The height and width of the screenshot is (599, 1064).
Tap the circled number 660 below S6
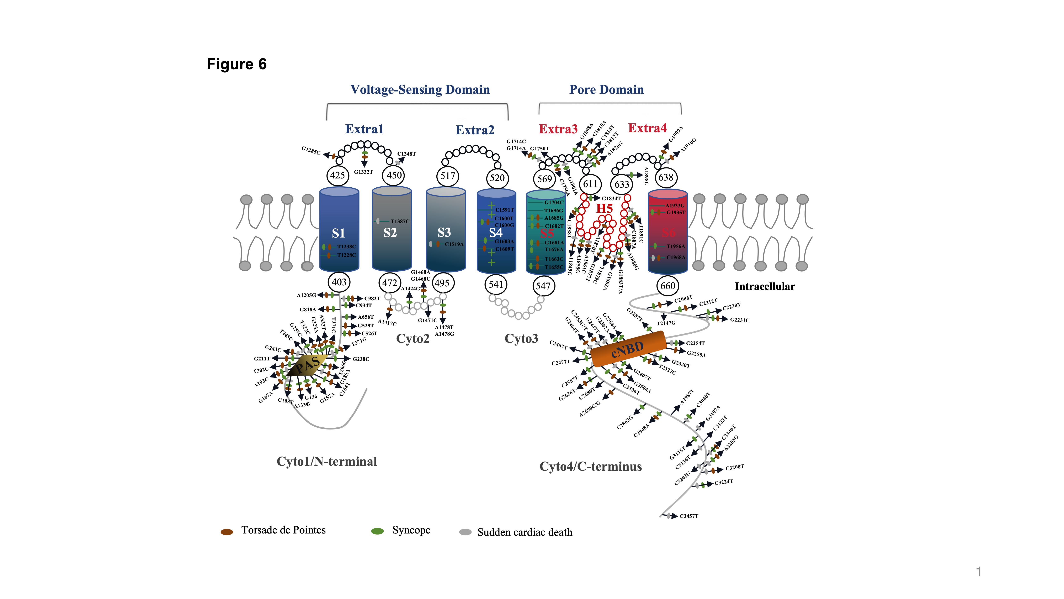click(667, 286)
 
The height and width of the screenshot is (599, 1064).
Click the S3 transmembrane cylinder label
click(444, 232)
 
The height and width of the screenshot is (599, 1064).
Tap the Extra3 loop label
click(558, 129)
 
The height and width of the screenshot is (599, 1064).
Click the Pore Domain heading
click(606, 90)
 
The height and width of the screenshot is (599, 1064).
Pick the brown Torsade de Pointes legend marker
click(227, 532)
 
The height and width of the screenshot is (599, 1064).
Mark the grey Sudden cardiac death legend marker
click(465, 532)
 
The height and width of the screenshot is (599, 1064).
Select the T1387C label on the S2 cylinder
click(400, 221)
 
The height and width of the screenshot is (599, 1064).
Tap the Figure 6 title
click(237, 64)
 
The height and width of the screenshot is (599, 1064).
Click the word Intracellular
click(765, 286)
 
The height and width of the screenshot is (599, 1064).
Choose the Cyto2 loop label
click(413, 339)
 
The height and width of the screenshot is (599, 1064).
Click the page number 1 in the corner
click(979, 572)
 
